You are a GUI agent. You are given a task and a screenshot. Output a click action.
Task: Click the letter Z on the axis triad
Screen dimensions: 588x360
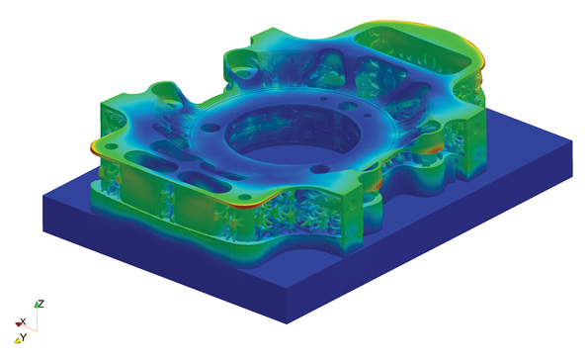pos(42,304)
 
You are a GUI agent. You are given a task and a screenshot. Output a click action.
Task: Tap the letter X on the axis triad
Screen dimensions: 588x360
pos(24,321)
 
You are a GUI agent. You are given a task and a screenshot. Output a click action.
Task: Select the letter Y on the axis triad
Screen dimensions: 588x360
pos(24,337)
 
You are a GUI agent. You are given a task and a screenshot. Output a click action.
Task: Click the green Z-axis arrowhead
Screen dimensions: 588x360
pos(37,305)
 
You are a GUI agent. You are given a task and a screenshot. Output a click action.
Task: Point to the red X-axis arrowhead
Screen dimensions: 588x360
pos(18,323)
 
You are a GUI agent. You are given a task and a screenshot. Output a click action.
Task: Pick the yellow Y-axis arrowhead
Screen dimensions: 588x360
pos(17,340)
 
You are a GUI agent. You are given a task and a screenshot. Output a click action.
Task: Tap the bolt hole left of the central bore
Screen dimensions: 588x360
pos(211,128)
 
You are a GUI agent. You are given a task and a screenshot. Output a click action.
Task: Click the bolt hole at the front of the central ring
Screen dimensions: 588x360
pos(320,169)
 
